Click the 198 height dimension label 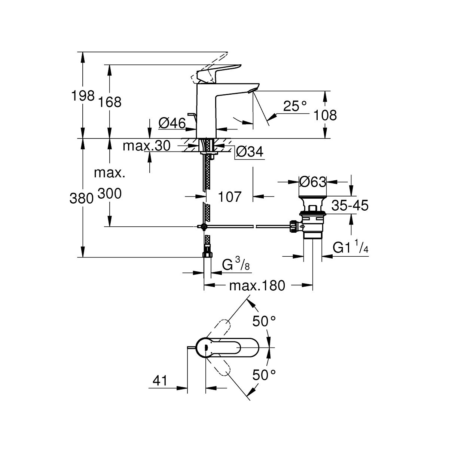(x=83, y=96)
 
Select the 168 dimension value (x=110, y=102)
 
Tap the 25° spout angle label (x=295, y=107)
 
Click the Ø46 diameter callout (x=172, y=123)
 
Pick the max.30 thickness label (x=147, y=146)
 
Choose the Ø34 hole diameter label (x=250, y=152)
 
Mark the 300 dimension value (x=110, y=194)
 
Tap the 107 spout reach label (x=229, y=196)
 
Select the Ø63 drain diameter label (x=313, y=182)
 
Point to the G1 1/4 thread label (x=351, y=248)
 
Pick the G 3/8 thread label (x=236, y=265)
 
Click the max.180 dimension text (x=257, y=286)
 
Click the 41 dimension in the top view (x=159, y=381)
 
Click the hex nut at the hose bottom (x=207, y=254)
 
